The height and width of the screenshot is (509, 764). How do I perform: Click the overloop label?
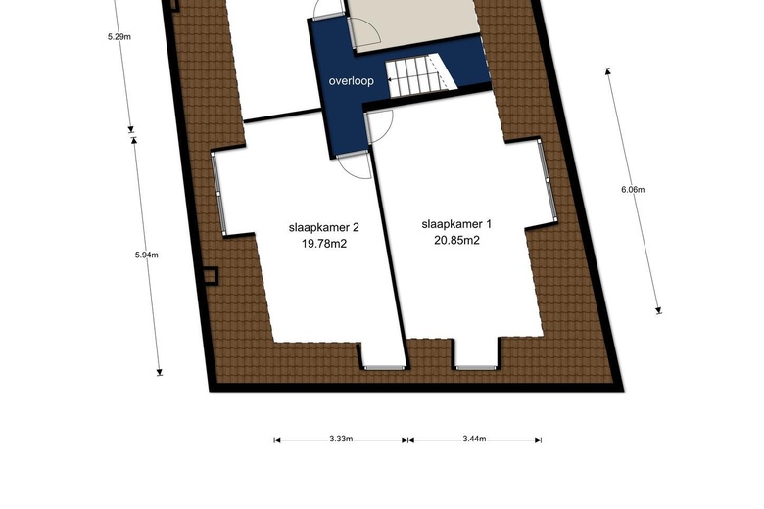coord(352,81)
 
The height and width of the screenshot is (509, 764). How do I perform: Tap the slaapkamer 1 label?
coord(456,224)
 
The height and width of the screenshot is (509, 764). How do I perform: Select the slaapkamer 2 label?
coord(324,227)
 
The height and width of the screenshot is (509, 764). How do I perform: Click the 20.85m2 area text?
coord(456,240)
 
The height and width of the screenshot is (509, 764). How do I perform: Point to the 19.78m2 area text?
coord(324,243)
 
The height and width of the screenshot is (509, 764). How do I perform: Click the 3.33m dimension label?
coord(341,439)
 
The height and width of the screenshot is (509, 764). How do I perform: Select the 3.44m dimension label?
coord(474,439)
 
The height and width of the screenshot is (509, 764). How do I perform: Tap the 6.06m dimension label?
coord(633,190)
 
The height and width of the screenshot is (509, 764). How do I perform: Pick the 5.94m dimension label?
coord(147,254)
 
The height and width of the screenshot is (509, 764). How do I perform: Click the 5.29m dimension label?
coord(119,36)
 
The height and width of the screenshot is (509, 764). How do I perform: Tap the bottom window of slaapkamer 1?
coord(476,367)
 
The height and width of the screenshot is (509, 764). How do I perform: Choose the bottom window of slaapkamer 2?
coord(384,367)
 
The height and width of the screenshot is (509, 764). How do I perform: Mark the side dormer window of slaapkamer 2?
coord(219,194)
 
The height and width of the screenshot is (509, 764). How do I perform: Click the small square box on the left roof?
coord(211,276)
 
